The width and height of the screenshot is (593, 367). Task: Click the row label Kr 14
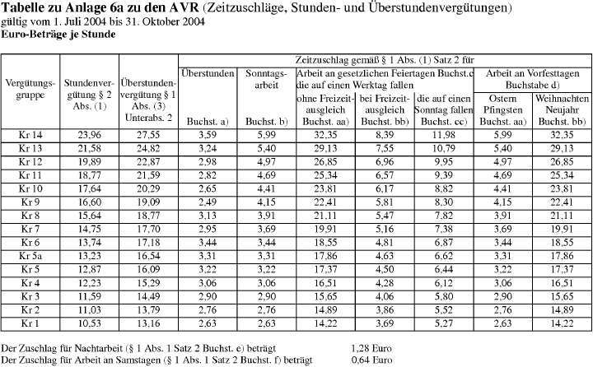(x=30, y=134)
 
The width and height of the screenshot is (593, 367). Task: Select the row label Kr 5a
(x=30, y=257)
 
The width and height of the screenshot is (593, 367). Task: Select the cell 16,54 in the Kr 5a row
(x=148, y=257)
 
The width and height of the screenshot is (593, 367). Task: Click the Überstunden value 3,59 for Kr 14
(x=208, y=134)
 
